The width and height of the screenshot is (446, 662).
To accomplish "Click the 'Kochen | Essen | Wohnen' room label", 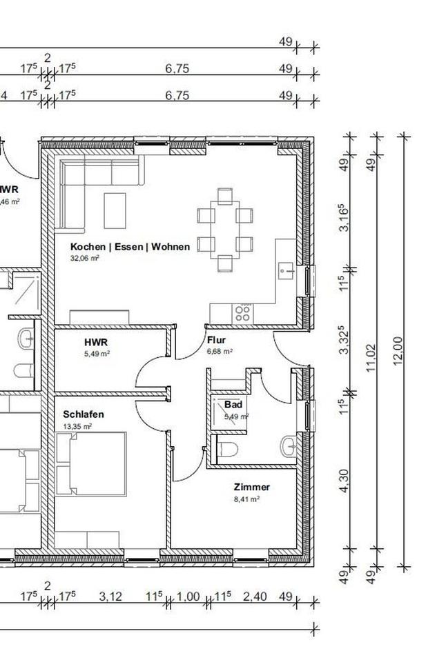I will [130, 247].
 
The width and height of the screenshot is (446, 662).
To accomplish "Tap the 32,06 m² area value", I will [85, 258].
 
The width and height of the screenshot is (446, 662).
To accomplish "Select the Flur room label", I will [216, 340].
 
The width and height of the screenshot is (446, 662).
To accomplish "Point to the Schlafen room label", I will [84, 414].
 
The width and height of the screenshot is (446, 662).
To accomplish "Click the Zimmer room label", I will [251, 487].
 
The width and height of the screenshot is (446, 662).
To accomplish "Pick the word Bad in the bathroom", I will [233, 405].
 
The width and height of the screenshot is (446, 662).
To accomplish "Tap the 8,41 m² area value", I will [246, 499].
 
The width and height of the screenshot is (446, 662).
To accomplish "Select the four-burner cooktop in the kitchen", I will [242, 313].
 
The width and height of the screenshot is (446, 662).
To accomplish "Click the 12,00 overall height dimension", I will [397, 352].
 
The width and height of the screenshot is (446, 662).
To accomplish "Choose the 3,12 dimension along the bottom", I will [110, 596].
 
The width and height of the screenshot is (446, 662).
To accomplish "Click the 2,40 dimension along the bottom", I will [255, 596].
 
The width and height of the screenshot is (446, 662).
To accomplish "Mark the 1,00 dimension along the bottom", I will [188, 596].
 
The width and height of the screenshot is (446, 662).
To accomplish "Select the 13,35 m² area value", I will [77, 426].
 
